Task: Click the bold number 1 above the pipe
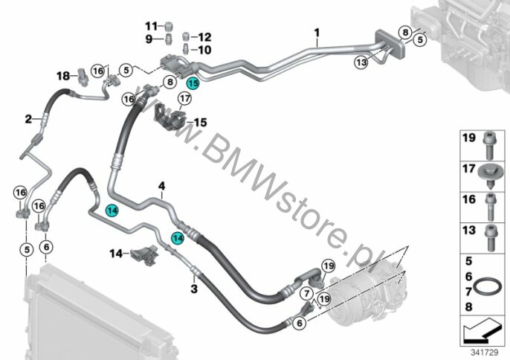(x=317, y=33)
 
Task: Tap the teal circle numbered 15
(x=193, y=83)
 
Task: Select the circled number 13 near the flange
(x=361, y=62)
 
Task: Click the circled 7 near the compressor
(x=307, y=293)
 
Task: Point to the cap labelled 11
(x=169, y=25)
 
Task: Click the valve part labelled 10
(x=187, y=49)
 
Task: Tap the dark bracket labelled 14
(x=144, y=254)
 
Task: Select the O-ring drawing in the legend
(x=487, y=286)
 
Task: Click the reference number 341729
(x=484, y=353)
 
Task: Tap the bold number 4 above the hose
(x=161, y=186)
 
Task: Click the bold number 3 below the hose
(x=194, y=289)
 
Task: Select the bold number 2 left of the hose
(x=28, y=119)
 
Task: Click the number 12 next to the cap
(x=204, y=36)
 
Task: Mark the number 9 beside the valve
(x=149, y=39)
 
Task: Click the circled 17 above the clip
(x=184, y=98)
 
